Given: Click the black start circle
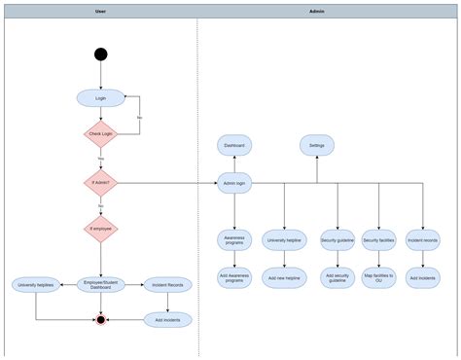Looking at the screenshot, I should [x=100, y=54].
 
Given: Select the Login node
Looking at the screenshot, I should [x=100, y=97].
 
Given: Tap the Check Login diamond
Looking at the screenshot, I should [x=100, y=133].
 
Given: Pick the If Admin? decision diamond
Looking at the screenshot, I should [x=100, y=182].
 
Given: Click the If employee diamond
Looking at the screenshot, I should [x=100, y=229].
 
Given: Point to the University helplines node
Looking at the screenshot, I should [x=35, y=284].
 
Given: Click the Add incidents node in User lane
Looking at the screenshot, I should [x=168, y=318].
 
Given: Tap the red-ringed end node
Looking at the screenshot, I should [x=100, y=318].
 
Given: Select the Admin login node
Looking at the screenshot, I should [x=234, y=182].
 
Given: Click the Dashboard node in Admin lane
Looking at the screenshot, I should [x=234, y=145].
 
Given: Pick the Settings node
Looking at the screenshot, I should [x=316, y=145].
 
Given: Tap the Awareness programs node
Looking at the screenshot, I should [x=234, y=239].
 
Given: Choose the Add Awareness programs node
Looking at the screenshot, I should [x=234, y=277].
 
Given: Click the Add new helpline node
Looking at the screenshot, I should [x=285, y=277].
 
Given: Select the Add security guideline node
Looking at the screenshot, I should [x=337, y=277].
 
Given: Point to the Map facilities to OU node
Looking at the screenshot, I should [x=378, y=277].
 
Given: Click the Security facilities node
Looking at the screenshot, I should [x=378, y=239].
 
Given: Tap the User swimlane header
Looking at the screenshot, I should [x=100, y=11].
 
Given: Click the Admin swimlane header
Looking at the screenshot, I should [x=317, y=11].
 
